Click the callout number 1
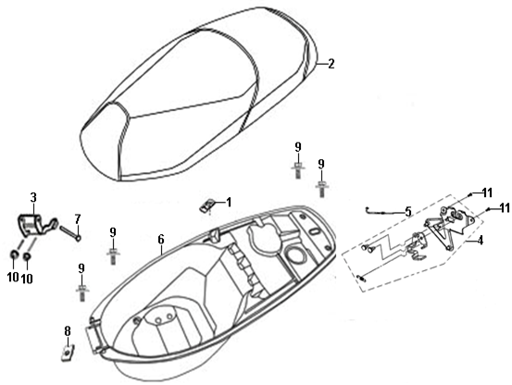229,203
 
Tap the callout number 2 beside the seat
331,63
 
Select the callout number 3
33,198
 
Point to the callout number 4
480,241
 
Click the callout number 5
408,212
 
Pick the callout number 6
161,240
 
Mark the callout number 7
78,219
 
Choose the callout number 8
68,331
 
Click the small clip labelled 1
206,206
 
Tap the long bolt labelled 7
69,233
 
